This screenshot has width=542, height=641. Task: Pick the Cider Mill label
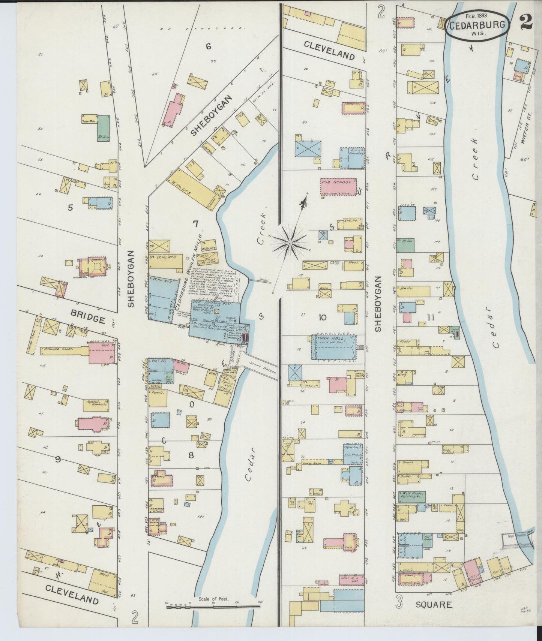tap(89, 121)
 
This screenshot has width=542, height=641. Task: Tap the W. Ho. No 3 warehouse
tap(165, 261)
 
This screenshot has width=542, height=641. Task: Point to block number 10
tap(323, 318)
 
